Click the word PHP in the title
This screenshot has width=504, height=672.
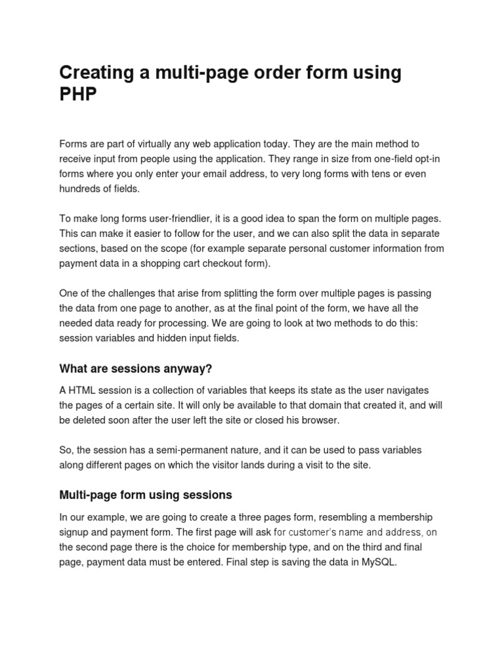[x=78, y=94]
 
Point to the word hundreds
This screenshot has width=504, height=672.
[x=82, y=188]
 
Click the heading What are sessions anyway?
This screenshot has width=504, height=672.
[x=136, y=367]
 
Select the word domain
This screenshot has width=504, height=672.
[x=301, y=405]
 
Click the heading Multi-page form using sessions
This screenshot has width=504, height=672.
[x=146, y=494]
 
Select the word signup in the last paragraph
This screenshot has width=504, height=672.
[x=75, y=532]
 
